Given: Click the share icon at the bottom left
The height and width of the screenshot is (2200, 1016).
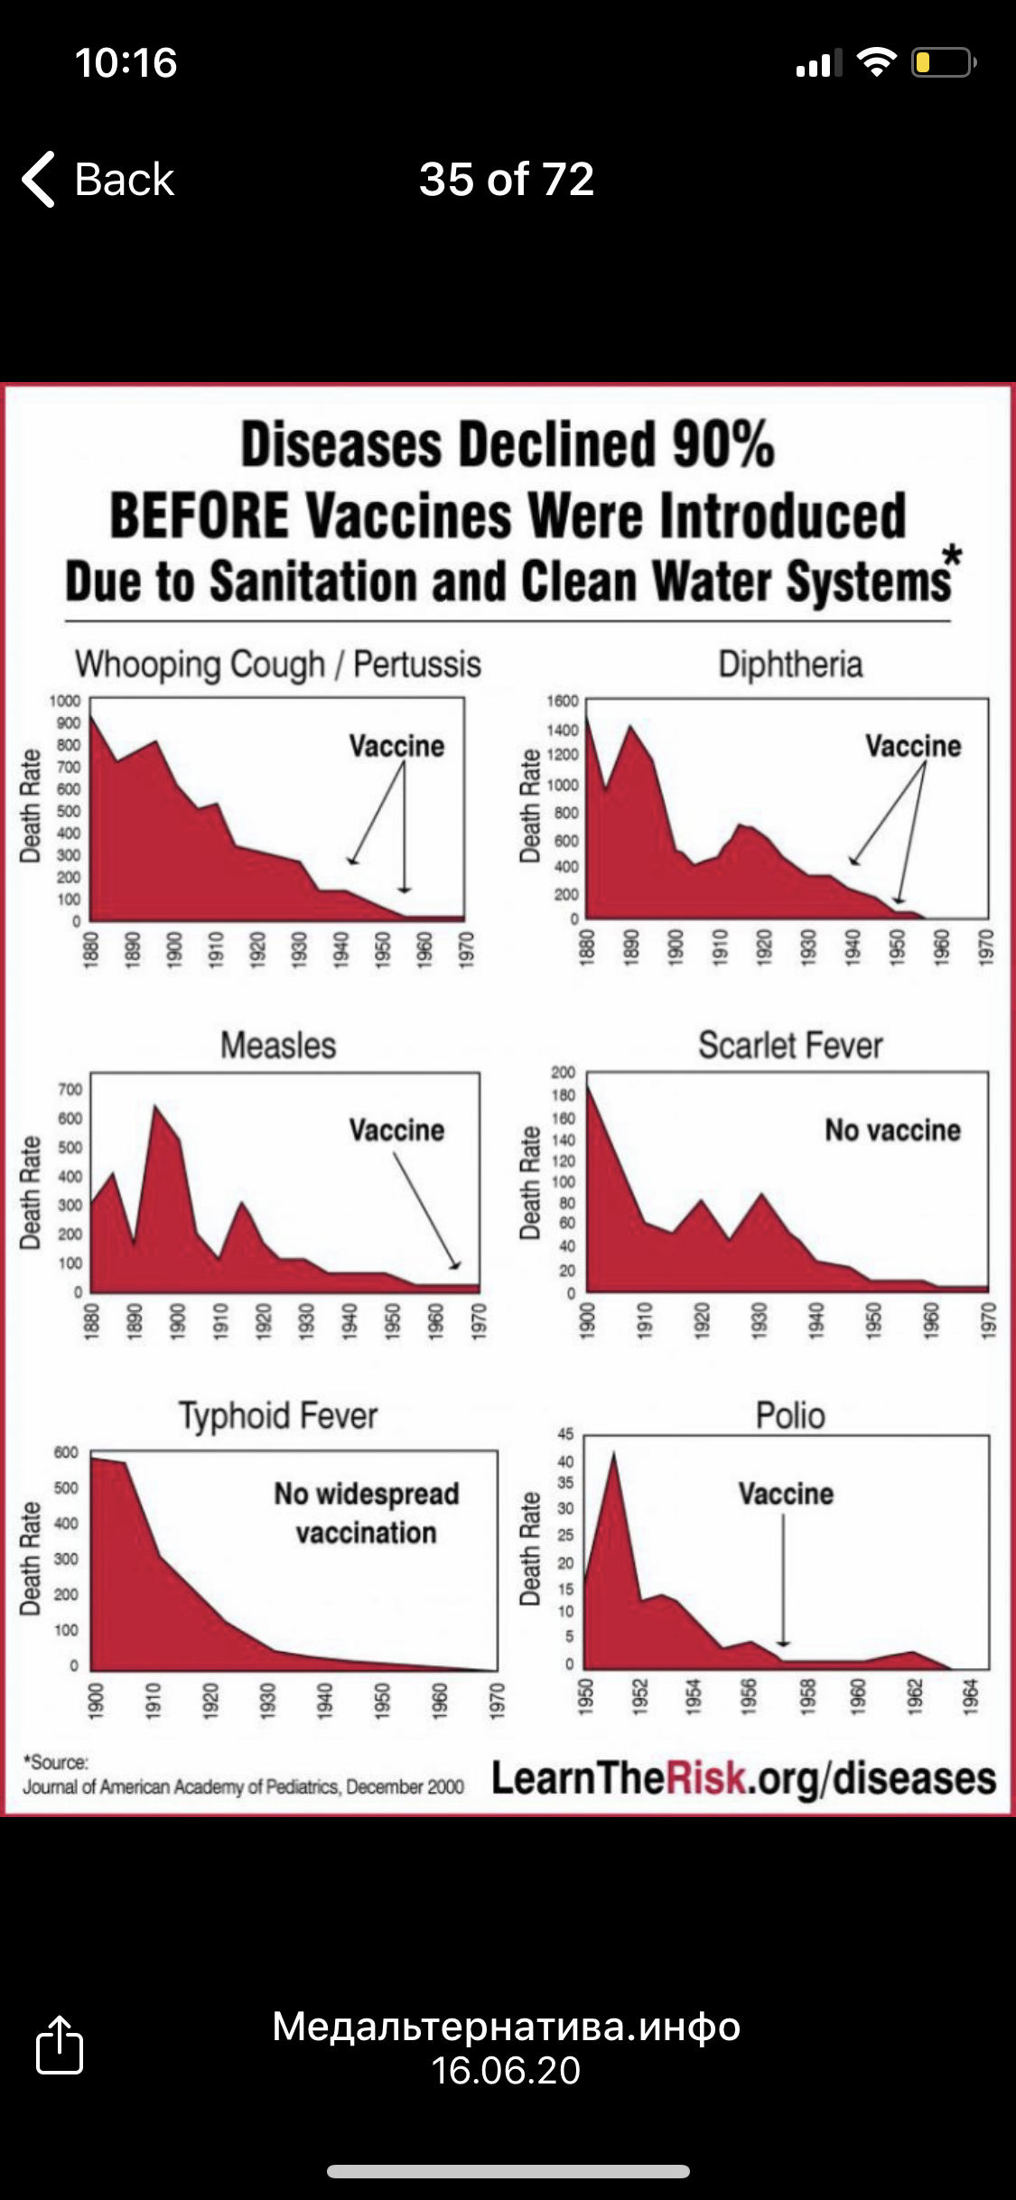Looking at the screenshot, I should click(60, 2044).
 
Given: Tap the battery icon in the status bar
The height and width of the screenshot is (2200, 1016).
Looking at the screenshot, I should click(942, 62).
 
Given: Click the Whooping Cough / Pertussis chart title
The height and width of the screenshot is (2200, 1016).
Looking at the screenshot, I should click(277, 664).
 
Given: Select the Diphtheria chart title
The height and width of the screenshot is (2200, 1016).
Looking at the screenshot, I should click(790, 664).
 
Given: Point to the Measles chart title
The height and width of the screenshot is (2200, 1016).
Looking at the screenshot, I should click(278, 1045).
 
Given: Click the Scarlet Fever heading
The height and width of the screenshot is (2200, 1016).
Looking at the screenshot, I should click(790, 1045).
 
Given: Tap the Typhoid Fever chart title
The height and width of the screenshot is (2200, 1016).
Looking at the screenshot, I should click(278, 1415).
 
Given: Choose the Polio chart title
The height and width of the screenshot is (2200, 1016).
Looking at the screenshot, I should click(790, 1415).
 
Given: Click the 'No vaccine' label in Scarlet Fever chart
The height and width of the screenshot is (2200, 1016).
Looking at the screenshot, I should click(892, 1130).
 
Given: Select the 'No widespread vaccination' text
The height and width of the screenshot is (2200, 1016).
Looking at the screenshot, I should click(367, 1513).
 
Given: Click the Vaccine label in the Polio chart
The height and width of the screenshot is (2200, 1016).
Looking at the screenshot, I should click(786, 1494).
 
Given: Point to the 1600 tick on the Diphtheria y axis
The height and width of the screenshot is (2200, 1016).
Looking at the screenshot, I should click(562, 701).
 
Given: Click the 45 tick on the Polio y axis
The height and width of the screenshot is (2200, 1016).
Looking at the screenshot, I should click(565, 1433).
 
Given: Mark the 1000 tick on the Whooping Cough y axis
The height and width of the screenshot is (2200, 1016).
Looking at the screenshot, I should click(64, 701).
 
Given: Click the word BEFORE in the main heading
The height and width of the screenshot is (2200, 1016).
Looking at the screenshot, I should click(200, 516).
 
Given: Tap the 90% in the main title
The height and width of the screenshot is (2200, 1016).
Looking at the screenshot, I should click(722, 444).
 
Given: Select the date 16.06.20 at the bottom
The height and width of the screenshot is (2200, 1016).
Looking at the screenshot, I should click(506, 2070).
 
